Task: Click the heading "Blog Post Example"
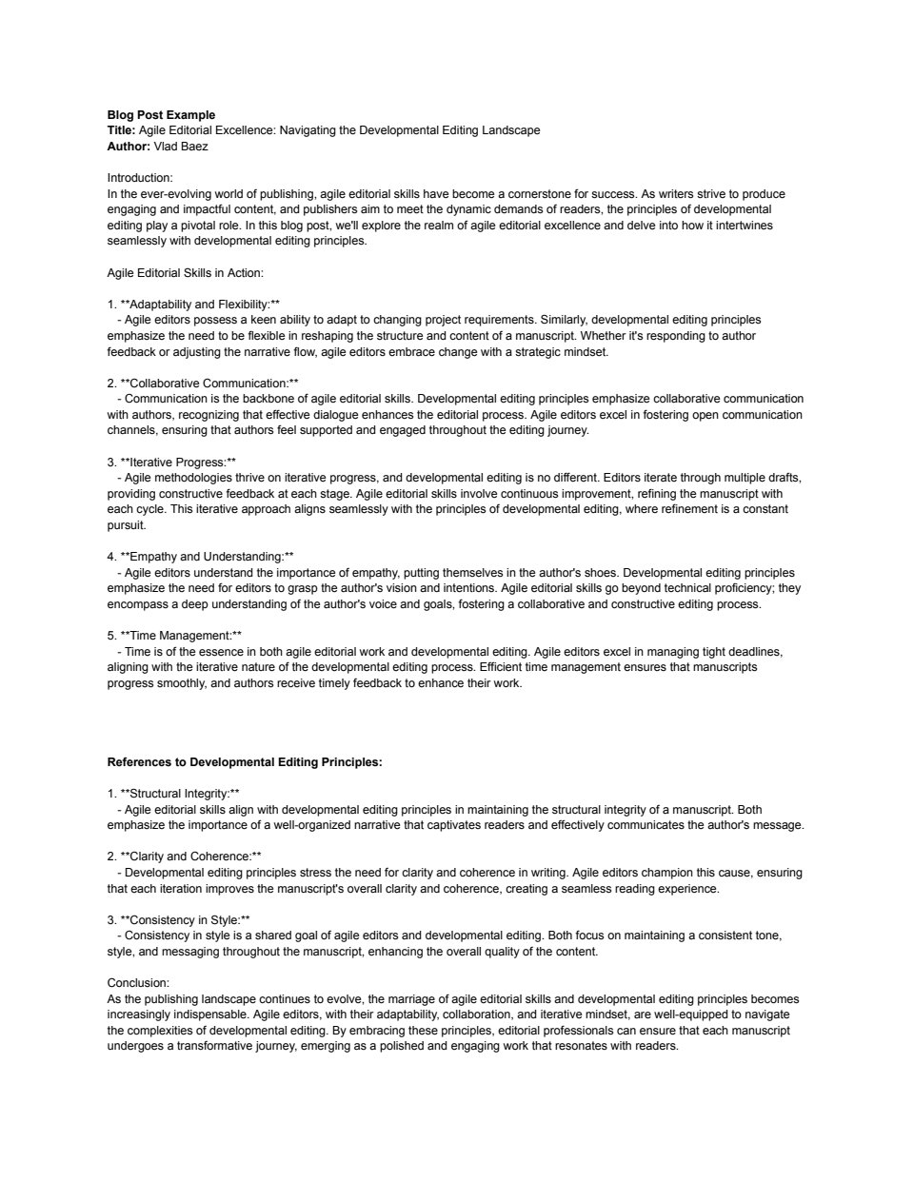[161, 115]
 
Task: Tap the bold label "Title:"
[121, 130]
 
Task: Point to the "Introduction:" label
[140, 178]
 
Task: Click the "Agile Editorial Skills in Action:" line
[185, 272]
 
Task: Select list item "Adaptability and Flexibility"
[200, 305]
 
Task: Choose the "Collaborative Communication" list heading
[209, 384]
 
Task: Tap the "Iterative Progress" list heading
[178, 462]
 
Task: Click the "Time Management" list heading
[181, 636]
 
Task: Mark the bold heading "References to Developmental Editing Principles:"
[245, 762]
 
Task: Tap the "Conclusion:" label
[138, 983]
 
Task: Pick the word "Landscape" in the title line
[512, 130]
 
